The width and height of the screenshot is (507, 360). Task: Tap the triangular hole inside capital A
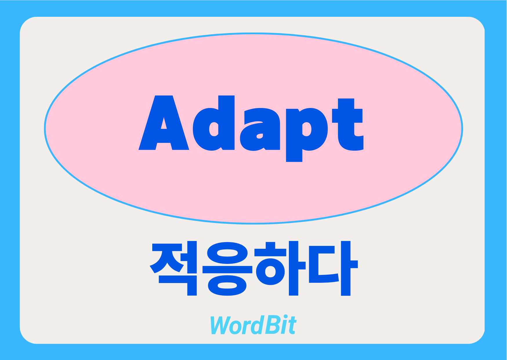(164, 124)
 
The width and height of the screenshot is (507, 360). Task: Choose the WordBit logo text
(253, 325)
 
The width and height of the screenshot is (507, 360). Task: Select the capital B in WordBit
(272, 325)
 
